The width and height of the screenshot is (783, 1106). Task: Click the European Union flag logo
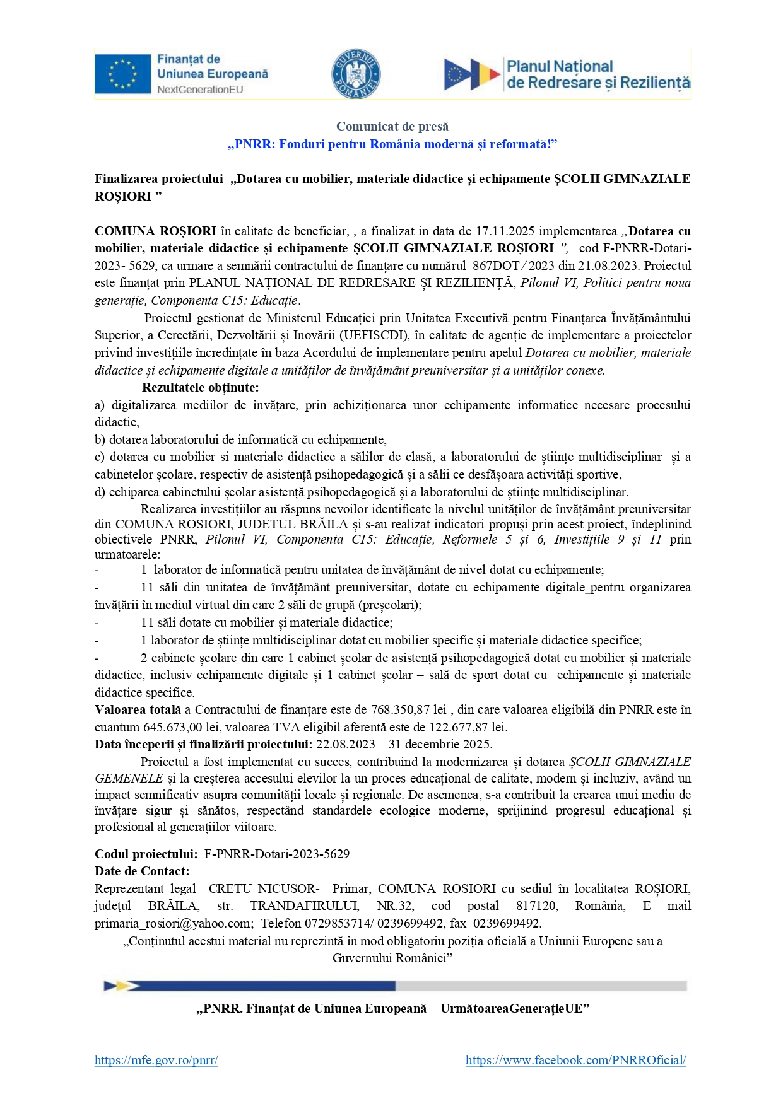[x=122, y=74]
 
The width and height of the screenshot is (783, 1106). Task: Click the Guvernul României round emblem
[x=356, y=74]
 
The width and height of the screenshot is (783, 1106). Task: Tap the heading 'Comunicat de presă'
[x=392, y=126]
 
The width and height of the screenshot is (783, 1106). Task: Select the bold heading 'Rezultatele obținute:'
[x=200, y=387]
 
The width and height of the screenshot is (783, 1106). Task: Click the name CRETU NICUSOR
[x=263, y=888]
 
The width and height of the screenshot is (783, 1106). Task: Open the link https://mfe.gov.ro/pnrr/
[x=156, y=1060]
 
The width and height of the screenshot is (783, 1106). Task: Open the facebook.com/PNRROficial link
[x=575, y=1060]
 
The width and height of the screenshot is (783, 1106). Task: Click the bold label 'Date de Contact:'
[x=142, y=871]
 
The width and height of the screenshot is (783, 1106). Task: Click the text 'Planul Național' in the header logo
[x=560, y=66]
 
